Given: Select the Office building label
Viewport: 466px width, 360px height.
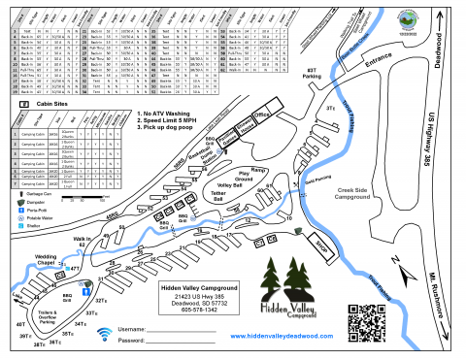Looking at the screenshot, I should point(260,114).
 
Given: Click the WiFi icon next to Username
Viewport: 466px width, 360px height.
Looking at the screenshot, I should point(103,334).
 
